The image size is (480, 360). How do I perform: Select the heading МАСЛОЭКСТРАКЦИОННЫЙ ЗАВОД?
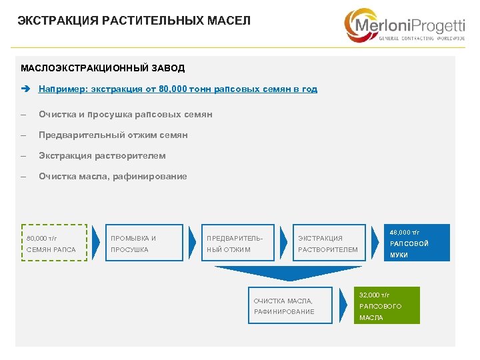[x=103, y=68]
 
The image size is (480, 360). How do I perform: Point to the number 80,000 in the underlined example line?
[x=173, y=89]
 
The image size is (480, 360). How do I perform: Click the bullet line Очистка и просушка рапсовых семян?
[x=125, y=114]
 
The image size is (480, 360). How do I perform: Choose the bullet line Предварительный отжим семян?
[x=113, y=135]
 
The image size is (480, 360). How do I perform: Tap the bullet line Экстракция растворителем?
[x=102, y=155]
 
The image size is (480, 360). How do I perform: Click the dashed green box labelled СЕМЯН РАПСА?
[x=54, y=243]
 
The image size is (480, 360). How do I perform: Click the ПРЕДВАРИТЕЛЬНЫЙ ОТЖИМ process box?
[x=237, y=243]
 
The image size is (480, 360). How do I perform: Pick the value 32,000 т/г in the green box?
[x=375, y=295]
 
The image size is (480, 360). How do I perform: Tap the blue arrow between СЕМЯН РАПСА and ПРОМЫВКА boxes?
[x=97, y=243]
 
